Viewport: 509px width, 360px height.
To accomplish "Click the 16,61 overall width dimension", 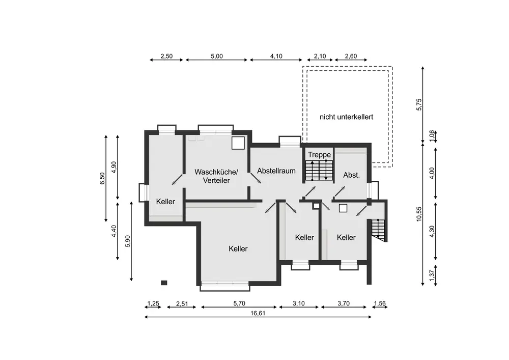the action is (x=258, y=313).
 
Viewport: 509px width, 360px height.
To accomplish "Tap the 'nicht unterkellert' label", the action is (x=346, y=117).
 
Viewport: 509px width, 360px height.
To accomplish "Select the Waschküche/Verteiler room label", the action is (x=216, y=176).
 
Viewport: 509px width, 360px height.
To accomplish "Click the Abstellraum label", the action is (x=276, y=171).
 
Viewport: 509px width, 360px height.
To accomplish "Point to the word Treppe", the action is (x=320, y=155).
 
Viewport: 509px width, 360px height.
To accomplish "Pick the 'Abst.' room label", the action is (x=352, y=175).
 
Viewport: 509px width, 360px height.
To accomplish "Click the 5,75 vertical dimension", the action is (x=419, y=104).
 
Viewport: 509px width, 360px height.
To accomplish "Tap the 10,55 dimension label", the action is (x=419, y=214).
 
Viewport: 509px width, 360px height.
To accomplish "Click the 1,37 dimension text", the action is (x=432, y=275).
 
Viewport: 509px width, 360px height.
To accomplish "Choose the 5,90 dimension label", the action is (x=128, y=241).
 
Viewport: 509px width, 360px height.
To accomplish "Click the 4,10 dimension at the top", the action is (x=276, y=56).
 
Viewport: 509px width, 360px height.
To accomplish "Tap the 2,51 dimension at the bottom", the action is (x=182, y=304).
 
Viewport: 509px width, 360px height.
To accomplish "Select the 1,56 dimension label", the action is (x=380, y=303).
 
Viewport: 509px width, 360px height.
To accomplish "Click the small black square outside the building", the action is (x=164, y=283).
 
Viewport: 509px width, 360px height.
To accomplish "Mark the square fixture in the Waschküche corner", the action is (x=238, y=143).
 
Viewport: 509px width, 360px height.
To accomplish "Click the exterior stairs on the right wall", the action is (x=378, y=230).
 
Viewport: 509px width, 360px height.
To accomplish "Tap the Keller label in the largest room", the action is (x=238, y=249).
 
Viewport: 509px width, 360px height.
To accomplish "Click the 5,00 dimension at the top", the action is (x=217, y=56).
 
